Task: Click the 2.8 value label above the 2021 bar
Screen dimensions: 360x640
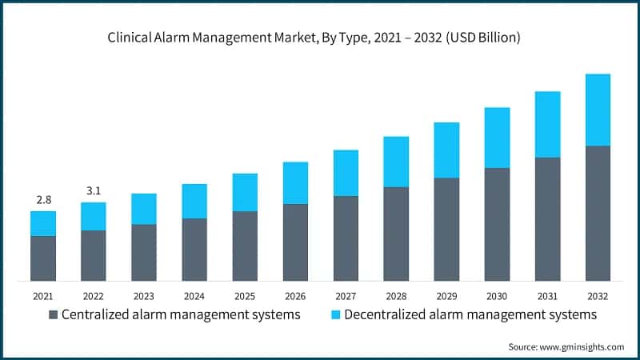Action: [x=43, y=199]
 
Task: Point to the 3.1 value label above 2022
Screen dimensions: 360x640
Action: [x=94, y=190]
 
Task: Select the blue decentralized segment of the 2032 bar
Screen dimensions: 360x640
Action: [x=598, y=110]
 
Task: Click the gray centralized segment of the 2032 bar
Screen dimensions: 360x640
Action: [x=598, y=213]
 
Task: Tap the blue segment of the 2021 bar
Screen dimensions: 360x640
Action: [x=43, y=223]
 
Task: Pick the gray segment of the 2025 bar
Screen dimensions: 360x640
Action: [x=245, y=246]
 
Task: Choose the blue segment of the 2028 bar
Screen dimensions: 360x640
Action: [x=396, y=162]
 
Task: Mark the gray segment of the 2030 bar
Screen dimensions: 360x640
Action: [x=497, y=224]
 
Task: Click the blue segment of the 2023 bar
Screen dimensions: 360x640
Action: [x=144, y=209]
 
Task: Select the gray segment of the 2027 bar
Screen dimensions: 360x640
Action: [x=346, y=238]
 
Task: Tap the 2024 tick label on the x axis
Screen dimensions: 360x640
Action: [x=194, y=295]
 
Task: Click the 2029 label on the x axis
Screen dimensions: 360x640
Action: [x=446, y=295]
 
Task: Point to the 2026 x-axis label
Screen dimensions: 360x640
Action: [x=295, y=295]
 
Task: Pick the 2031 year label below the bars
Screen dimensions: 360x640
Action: [x=547, y=295]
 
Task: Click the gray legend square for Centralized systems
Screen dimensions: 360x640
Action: [x=54, y=315]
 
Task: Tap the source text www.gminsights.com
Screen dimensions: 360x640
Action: [x=582, y=346]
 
